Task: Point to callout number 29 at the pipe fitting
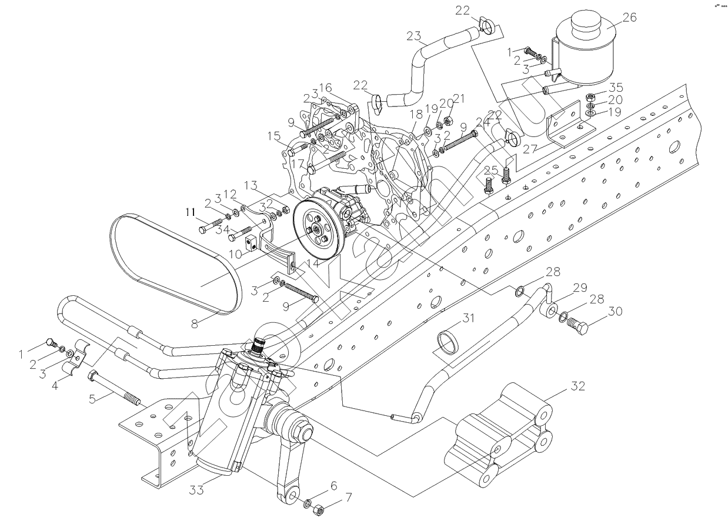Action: tap(580, 288)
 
